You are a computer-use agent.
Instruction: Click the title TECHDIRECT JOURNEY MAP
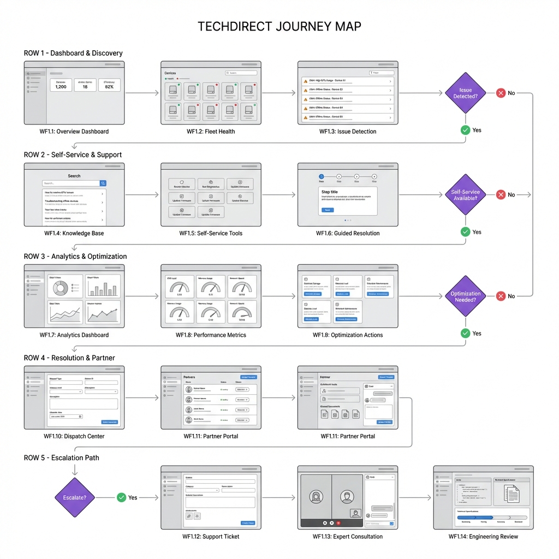point(279,27)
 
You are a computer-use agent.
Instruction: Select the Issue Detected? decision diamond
point(465,93)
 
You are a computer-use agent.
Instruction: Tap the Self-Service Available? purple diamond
point(465,195)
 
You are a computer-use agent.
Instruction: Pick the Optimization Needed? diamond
point(465,296)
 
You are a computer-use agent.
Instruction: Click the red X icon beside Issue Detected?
point(501,93)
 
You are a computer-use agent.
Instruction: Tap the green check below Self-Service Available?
point(465,232)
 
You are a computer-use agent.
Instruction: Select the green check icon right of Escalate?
point(121,497)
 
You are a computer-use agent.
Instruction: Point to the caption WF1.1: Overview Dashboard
point(74,132)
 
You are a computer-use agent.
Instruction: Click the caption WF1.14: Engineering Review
point(483,537)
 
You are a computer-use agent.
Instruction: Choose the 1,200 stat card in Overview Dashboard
point(61,85)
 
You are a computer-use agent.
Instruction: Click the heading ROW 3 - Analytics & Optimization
point(75,257)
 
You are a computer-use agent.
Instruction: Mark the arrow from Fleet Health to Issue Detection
point(279,93)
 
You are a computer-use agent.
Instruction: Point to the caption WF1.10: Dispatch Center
point(74,436)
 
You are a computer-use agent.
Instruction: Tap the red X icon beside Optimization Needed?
point(501,296)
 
